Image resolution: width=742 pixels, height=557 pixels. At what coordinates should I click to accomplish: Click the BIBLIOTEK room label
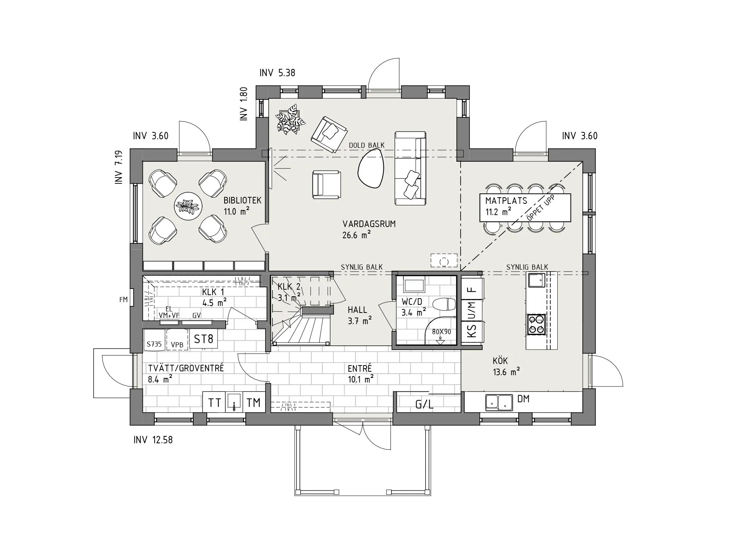point(242,200)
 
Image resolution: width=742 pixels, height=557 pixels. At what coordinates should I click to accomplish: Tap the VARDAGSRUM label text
point(369,224)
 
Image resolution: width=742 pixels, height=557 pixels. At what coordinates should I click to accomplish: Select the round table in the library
point(188,206)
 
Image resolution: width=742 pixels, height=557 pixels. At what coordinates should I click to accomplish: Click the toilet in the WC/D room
point(443,304)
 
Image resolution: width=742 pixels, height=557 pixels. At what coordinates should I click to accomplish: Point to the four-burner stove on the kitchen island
point(536,324)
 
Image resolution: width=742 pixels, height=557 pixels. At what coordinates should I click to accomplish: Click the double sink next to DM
point(499,402)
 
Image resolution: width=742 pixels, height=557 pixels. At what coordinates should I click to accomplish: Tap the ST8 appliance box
point(203,339)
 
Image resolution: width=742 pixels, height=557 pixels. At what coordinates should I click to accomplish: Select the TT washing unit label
point(214,403)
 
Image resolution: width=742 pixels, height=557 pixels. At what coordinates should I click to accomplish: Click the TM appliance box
point(254,403)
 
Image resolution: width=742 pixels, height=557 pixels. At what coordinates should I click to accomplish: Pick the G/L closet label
point(424,405)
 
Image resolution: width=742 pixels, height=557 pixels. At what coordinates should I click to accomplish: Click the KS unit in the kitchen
point(472,331)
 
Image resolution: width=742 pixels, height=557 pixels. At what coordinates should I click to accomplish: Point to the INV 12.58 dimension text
point(153,440)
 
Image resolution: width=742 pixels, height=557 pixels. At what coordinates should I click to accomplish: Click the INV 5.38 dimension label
point(277,73)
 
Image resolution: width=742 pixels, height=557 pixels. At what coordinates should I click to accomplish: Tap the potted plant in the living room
point(290,119)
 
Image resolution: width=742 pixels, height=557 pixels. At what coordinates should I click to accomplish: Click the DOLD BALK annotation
point(367,145)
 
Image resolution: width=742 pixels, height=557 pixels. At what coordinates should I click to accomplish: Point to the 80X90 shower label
point(441,332)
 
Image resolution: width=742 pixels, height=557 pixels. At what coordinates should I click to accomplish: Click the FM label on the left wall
point(123,299)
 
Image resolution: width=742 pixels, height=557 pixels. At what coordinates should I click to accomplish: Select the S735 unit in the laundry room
point(154,344)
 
